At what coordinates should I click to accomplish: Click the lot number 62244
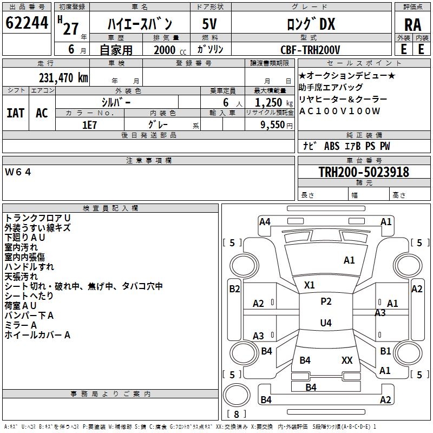coord(27,23)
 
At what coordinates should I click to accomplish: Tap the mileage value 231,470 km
coord(63,78)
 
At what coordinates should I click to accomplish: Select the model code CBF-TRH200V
coord(310,50)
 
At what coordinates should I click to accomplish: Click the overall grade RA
coord(412,25)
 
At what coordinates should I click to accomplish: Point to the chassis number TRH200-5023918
coord(364,172)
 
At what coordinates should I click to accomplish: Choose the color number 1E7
coord(89,125)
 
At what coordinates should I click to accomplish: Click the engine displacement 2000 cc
coord(170,50)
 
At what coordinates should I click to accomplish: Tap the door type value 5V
coord(209,24)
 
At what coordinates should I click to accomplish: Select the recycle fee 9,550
coord(273,125)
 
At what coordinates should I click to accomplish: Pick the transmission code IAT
coord(16,113)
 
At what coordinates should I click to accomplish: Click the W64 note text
coord(18,172)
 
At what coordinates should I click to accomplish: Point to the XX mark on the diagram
coord(347,360)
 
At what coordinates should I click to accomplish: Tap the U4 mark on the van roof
coord(326,323)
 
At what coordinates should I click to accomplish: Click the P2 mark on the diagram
coord(326,301)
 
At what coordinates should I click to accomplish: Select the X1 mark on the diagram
coord(309,285)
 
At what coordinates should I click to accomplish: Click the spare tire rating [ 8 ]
coord(237,414)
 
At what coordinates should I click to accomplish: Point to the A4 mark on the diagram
coord(265,222)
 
